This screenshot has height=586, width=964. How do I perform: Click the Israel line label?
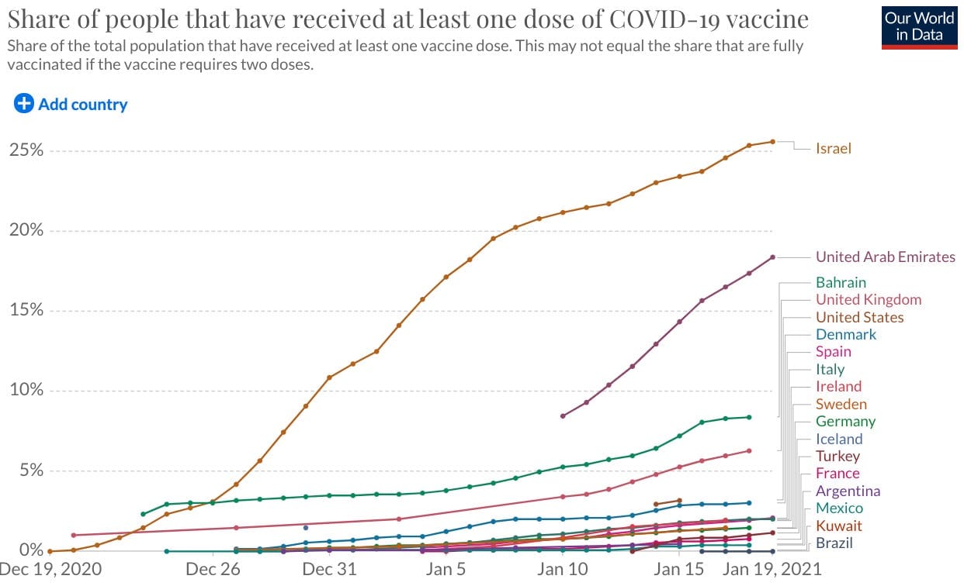coord(833,149)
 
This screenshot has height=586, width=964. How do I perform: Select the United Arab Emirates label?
coord(885,257)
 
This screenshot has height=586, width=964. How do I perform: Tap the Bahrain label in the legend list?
coord(841,283)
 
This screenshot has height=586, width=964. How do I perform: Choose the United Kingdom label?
coord(869,300)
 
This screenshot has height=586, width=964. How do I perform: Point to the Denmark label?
coord(846,335)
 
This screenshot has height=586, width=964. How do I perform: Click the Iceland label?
coord(839,439)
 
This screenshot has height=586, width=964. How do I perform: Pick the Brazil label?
coord(834,543)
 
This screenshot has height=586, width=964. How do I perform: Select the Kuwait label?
coord(838,526)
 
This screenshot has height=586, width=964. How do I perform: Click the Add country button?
coord(71,104)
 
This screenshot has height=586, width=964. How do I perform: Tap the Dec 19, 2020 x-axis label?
coord(50,570)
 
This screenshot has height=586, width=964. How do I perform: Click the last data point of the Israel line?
coord(772,141)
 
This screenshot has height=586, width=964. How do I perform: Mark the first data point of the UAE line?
coord(562,416)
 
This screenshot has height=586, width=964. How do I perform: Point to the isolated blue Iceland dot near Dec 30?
coord(306,528)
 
